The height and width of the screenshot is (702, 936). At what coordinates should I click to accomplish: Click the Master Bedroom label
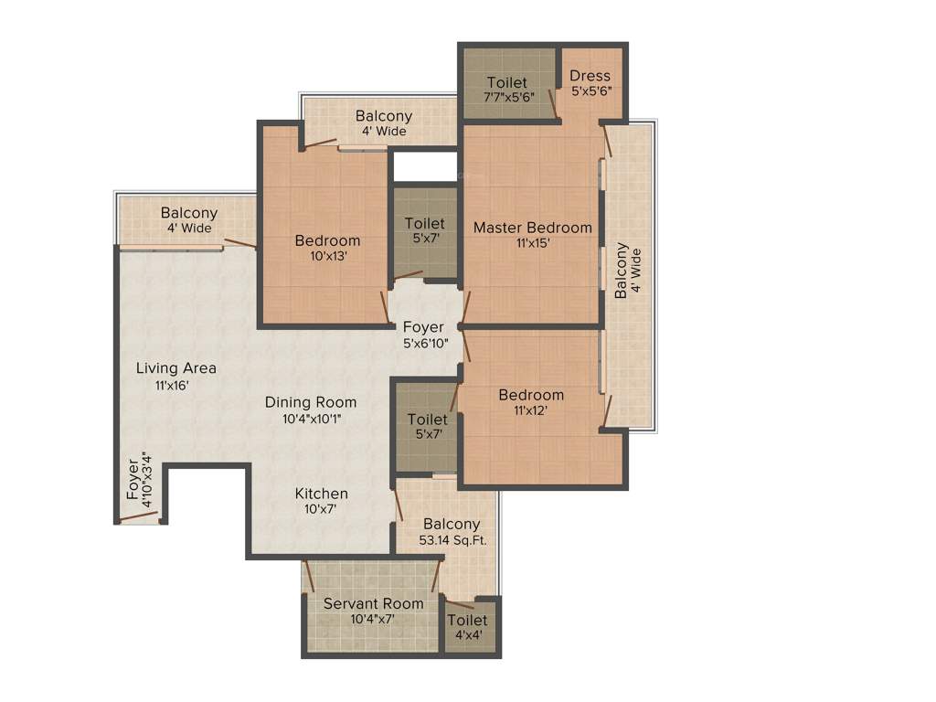click(532, 228)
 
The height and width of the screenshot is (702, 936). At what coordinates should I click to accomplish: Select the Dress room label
click(590, 76)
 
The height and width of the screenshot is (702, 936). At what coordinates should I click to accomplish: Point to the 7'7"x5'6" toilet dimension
click(507, 97)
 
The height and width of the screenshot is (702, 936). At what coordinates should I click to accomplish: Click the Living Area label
click(176, 368)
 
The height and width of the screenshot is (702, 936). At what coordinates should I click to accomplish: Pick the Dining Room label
click(311, 402)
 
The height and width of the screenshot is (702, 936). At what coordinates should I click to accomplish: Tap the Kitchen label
click(321, 494)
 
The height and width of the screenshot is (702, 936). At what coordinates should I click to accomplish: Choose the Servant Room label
click(373, 603)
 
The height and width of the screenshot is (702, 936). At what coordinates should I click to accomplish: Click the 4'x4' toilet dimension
click(467, 636)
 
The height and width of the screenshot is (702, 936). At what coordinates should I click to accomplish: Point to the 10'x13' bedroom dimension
click(327, 256)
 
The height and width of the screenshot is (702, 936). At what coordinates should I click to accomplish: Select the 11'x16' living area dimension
click(172, 385)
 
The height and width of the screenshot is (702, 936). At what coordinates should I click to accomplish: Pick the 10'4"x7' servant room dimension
click(373, 619)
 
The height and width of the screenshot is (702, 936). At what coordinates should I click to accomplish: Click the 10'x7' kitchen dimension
click(321, 509)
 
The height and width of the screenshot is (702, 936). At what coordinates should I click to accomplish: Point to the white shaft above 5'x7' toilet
click(425, 166)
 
